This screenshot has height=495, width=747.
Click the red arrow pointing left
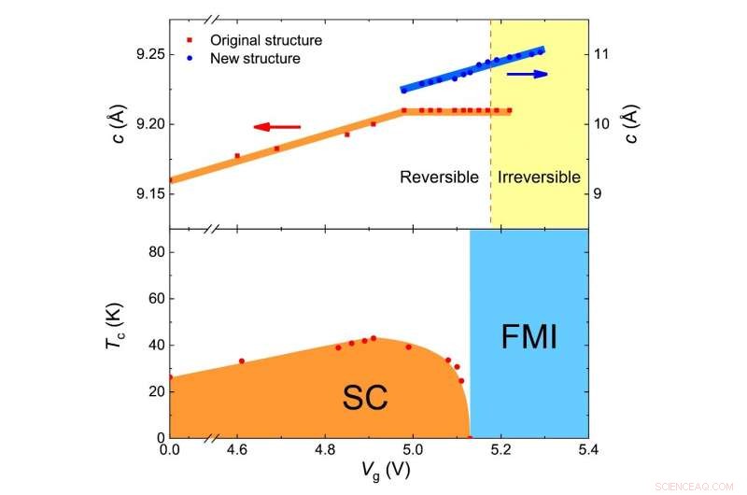[277, 126]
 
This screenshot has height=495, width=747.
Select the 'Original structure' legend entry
[265, 40]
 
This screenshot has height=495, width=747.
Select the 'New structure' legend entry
[255, 58]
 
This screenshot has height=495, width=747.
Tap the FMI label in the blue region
[529, 336]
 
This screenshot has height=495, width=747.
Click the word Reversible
[439, 177]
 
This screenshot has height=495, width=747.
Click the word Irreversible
[539, 177]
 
